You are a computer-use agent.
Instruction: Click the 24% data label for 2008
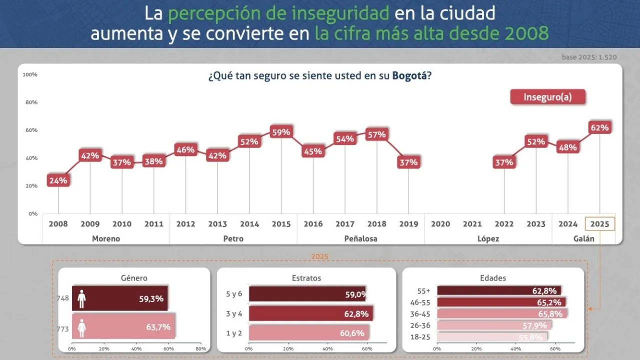[58, 180]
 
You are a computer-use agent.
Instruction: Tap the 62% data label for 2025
[599, 128]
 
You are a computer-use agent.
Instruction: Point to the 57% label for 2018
[376, 134]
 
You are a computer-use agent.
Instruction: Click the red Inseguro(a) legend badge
[547, 97]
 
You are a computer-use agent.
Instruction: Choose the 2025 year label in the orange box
[600, 224]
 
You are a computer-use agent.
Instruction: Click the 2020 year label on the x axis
[440, 224]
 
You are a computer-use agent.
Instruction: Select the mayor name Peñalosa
[360, 238]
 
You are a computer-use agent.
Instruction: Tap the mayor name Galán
[584, 238]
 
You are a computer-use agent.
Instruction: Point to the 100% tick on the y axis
[30, 75]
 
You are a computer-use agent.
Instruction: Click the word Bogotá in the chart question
[409, 77]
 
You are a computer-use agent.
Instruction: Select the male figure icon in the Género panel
[81, 299]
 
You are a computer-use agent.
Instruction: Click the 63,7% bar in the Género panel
[123, 327]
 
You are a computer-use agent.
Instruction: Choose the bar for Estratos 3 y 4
[310, 314]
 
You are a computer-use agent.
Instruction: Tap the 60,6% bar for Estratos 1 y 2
[309, 333]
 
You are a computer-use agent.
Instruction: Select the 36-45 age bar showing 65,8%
[502, 314]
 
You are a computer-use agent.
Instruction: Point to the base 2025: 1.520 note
[589, 57]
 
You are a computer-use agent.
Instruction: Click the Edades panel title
[492, 278]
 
